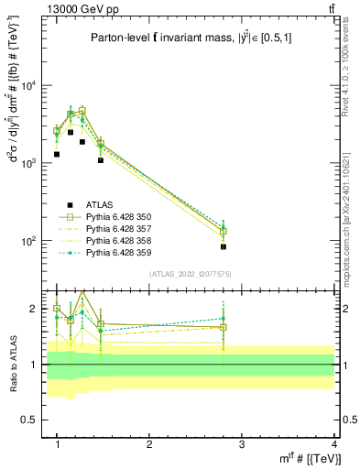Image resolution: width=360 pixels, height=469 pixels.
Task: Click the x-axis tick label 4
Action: click(333, 443)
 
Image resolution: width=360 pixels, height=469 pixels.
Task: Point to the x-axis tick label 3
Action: click(241, 443)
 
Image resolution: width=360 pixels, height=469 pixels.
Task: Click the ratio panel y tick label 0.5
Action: click(34, 420)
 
